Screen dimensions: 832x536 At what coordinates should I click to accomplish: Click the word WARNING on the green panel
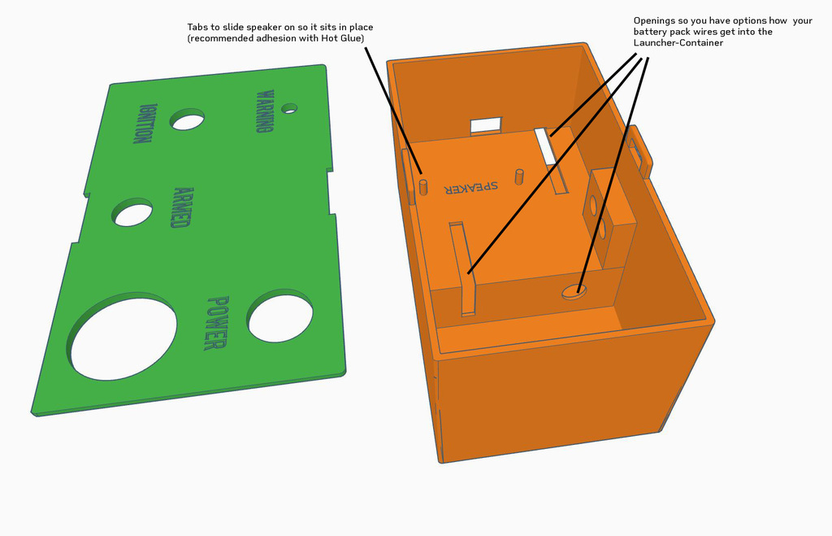coord(266,111)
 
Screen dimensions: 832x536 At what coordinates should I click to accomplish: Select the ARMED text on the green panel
coord(183,207)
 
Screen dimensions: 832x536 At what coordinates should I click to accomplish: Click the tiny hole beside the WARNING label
coord(289,108)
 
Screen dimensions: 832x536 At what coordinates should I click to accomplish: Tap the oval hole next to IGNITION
coord(187,120)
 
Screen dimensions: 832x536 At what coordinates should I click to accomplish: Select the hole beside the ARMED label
coord(132,212)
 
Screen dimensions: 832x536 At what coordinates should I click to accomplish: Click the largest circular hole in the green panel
coord(122,336)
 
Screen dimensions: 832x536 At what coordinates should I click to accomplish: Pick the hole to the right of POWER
coord(279,316)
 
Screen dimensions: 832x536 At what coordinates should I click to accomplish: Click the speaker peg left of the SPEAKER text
coord(423,186)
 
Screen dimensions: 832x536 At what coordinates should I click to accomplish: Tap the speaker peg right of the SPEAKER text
coord(519,176)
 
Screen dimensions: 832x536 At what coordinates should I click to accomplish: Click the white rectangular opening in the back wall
coord(486,126)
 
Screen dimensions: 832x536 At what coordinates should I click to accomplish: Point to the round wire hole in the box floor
coord(574,291)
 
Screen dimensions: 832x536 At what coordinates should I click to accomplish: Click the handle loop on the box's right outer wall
coord(641,151)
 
